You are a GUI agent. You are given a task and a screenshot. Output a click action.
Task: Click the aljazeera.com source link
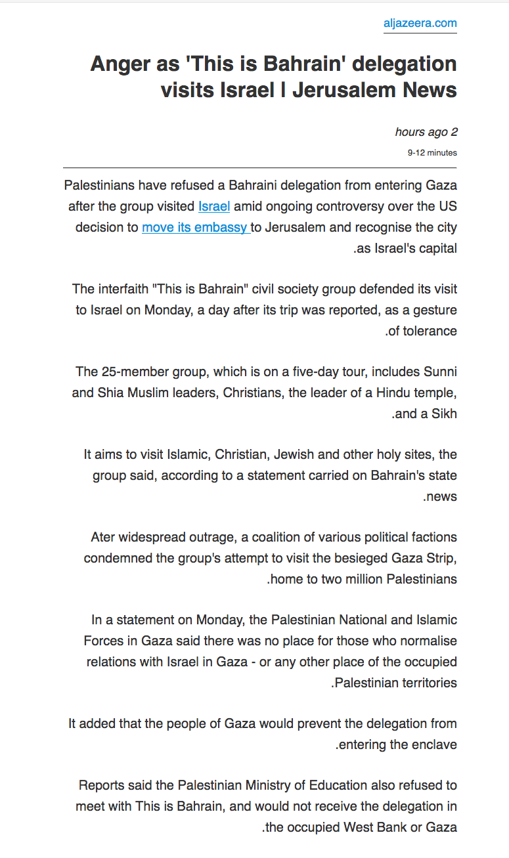pyautogui.click(x=420, y=24)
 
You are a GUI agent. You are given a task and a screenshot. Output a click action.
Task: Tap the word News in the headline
pyautogui.click(x=425, y=89)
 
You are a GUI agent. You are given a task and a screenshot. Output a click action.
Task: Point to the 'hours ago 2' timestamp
pyautogui.click(x=426, y=132)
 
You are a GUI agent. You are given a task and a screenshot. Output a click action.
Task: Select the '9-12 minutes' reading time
pyautogui.click(x=432, y=153)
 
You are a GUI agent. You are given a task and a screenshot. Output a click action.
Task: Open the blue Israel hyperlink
pyautogui.click(x=214, y=207)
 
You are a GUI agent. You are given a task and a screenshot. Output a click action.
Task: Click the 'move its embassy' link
pyautogui.click(x=195, y=228)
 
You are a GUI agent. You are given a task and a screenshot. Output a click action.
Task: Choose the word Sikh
pyautogui.click(x=445, y=414)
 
